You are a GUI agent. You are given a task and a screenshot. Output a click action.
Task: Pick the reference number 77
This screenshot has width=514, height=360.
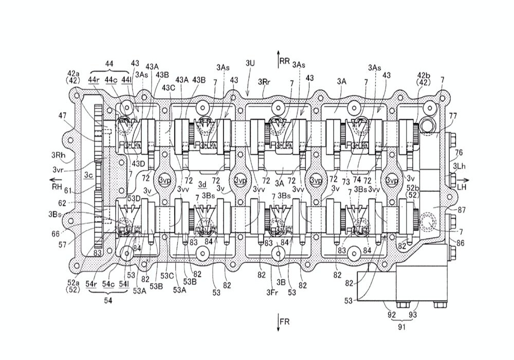(x=453, y=115)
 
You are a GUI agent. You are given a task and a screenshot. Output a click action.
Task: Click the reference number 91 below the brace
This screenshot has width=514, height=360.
(x=401, y=327)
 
